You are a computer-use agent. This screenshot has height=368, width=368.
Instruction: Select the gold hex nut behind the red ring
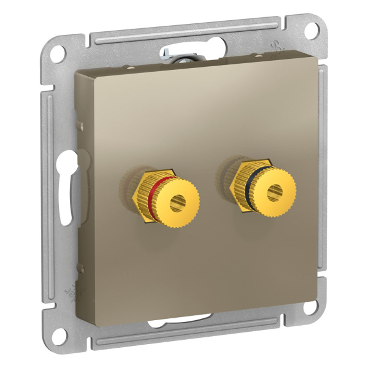click(x=140, y=193)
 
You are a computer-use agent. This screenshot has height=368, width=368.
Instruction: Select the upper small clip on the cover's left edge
click(x=80, y=125)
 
